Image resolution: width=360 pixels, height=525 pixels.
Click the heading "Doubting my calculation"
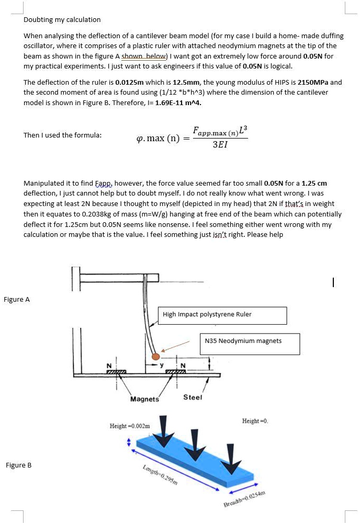pyautogui.click(x=62, y=20)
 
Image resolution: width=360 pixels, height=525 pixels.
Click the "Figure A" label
pyautogui.click(x=17, y=300)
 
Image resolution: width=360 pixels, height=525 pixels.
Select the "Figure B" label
pyautogui.click(x=19, y=465)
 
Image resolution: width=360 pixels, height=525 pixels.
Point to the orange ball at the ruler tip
pyautogui.click(x=155, y=356)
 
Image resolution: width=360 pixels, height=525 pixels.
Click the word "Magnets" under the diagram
pyautogui.click(x=144, y=399)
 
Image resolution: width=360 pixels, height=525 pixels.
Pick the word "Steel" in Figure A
pyautogui.click(x=192, y=397)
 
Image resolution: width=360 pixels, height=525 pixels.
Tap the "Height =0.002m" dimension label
pyautogui.click(x=129, y=426)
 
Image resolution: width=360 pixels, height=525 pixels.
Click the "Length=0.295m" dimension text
pyautogui.click(x=161, y=475)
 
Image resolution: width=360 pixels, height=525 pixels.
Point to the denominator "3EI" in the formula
pyautogui.click(x=220, y=144)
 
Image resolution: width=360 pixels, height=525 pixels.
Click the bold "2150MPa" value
pyautogui.click(x=316, y=83)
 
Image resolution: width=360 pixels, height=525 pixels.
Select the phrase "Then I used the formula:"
pyautogui.click(x=63, y=135)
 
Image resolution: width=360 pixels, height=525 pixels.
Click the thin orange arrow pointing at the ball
pyautogui.click(x=176, y=347)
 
